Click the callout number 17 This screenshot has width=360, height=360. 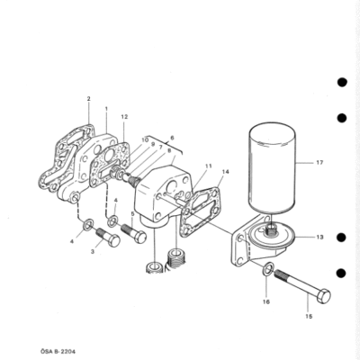[319, 163]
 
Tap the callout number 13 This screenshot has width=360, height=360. [319, 237]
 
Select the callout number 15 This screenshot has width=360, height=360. [309, 316]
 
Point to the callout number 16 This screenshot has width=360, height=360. [266, 301]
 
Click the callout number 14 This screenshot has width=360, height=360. [226, 172]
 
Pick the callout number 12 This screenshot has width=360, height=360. [124, 117]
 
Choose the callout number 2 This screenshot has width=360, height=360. [89, 98]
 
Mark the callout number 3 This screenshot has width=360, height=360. [93, 252]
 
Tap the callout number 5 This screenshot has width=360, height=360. [132, 214]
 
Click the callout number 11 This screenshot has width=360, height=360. [209, 166]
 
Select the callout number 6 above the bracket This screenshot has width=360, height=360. [172, 138]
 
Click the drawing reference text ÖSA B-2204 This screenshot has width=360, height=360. [58, 351]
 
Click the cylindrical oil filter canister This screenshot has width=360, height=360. [273, 168]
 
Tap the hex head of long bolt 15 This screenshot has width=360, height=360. [324, 296]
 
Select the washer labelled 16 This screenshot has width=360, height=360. [268, 268]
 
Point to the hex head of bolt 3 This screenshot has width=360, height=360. [113, 240]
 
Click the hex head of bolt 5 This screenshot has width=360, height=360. [140, 237]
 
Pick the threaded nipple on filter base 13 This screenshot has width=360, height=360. [272, 230]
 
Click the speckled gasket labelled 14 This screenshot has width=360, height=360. [199, 211]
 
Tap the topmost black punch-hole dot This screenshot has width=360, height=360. [342, 82]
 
